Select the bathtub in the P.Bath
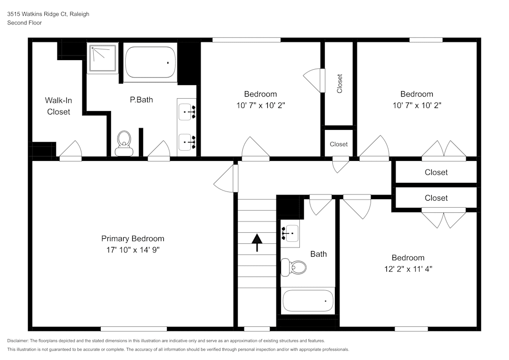150,63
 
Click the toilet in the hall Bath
294,267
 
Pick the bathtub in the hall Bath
308,301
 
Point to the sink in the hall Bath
290,234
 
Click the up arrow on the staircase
257,242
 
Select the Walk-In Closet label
59,106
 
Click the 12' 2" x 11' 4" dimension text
408,269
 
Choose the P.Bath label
141,100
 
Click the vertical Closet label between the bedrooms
340,84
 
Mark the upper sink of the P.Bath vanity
187,110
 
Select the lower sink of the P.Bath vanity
187,141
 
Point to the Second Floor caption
24,23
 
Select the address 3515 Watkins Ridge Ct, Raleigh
48,14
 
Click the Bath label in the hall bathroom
319,254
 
